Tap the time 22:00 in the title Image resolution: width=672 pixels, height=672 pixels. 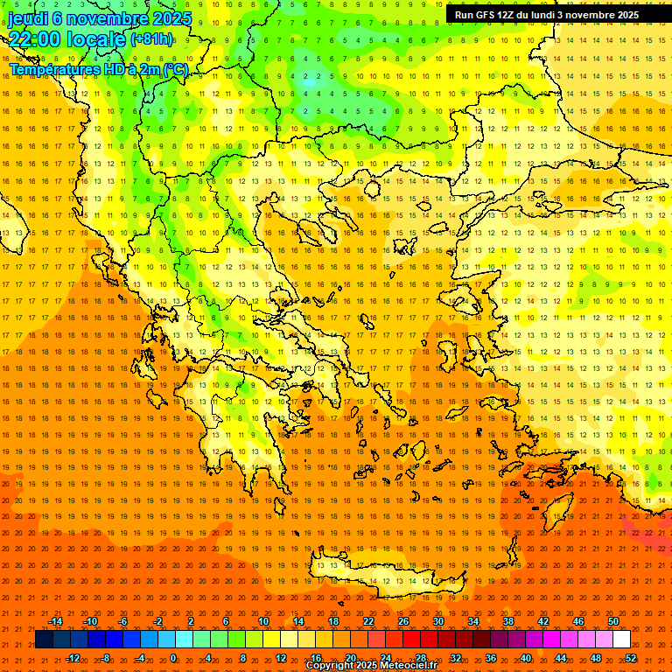tap(35, 39)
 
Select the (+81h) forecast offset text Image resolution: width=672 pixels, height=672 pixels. tap(150, 39)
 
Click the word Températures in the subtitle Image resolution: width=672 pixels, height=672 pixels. tap(52, 69)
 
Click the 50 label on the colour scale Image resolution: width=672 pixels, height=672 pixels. tap(613, 621)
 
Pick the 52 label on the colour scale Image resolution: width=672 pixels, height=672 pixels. tap(631, 657)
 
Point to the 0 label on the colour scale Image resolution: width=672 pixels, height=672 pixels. tap(173, 657)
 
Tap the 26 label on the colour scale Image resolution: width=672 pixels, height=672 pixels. tap(403, 621)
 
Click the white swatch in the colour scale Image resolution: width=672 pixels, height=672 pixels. tap(621, 639)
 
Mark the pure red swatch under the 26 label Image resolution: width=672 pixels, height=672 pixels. tap(411, 639)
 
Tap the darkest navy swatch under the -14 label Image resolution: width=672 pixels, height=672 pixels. tap(44, 639)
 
